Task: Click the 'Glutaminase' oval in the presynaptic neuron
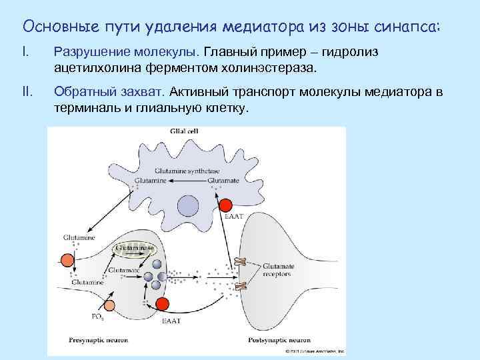tap(134, 248)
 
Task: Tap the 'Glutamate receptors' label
tap(278, 270)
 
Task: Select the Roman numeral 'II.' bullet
tap(28, 91)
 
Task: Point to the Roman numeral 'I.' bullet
tap(26, 51)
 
